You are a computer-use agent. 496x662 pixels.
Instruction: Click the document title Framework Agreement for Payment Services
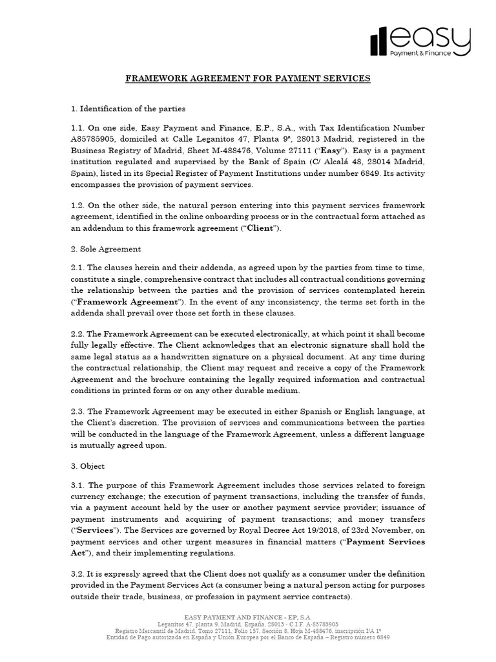[x=248, y=78]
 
